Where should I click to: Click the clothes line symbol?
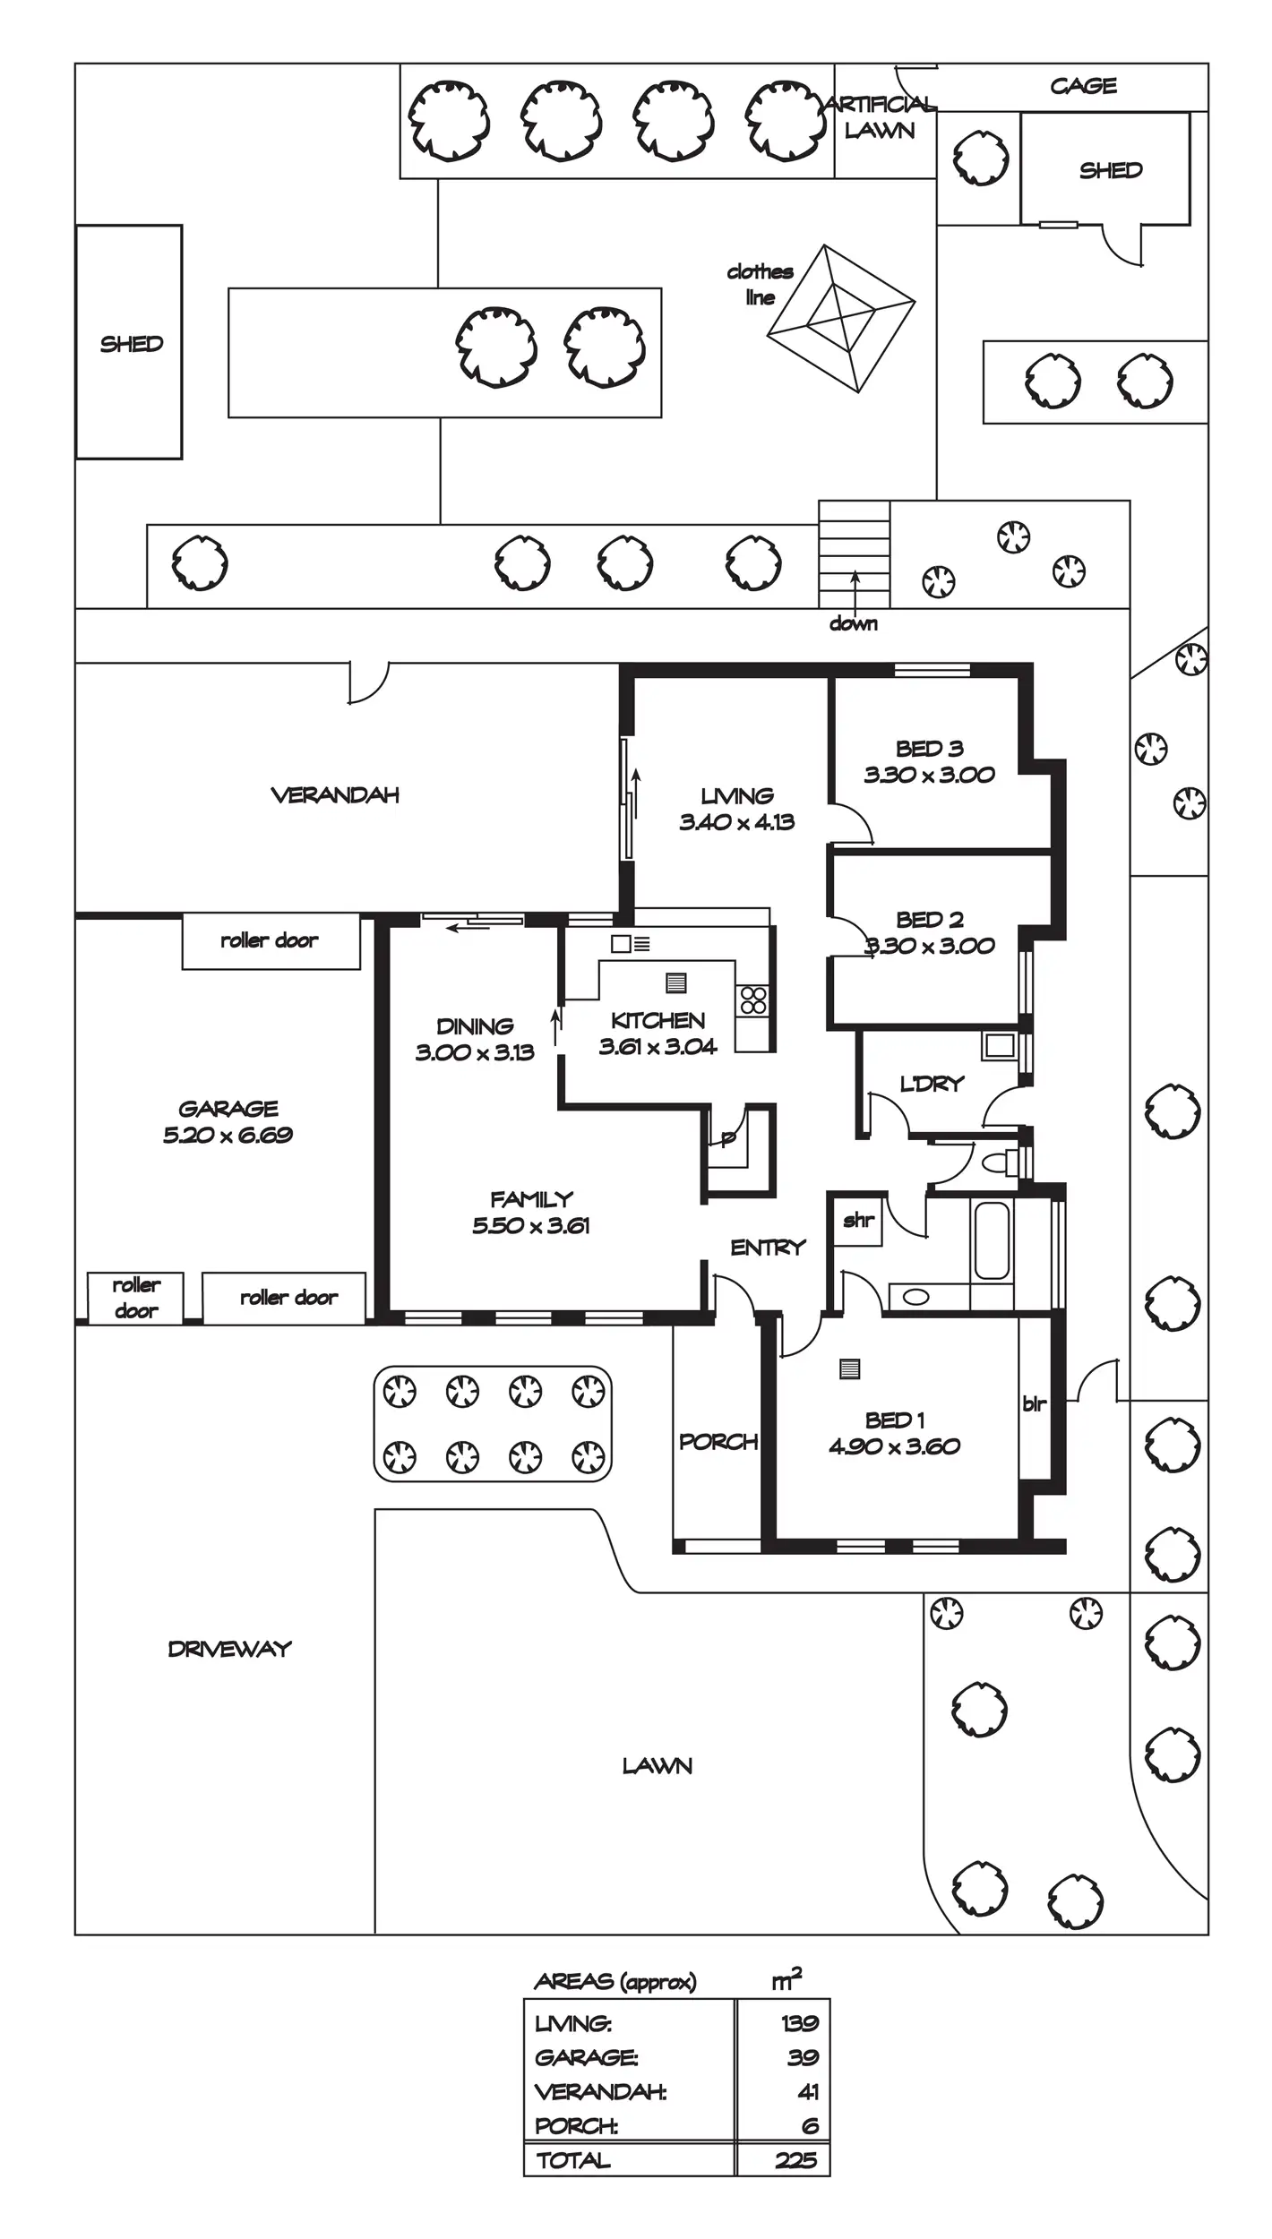click(841, 318)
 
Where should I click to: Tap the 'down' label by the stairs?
click(853, 623)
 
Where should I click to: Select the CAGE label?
click(1083, 86)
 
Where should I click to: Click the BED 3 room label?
click(929, 748)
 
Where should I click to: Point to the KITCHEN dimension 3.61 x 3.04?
click(657, 1046)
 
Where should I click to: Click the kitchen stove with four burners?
click(753, 999)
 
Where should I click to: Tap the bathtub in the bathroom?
click(992, 1240)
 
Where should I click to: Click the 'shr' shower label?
click(858, 1219)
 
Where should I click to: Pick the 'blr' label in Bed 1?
click(1034, 1403)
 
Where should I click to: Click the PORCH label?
click(718, 1441)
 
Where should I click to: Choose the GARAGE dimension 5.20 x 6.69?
click(228, 1135)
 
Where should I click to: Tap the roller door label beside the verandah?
click(270, 940)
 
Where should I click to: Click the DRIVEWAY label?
click(229, 1649)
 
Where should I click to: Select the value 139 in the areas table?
click(799, 2022)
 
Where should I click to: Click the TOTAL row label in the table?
click(573, 2159)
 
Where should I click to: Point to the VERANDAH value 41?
click(808, 2091)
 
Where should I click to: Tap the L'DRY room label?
click(932, 1084)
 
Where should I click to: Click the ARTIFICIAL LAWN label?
click(880, 117)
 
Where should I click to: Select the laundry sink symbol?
click(1000, 1045)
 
